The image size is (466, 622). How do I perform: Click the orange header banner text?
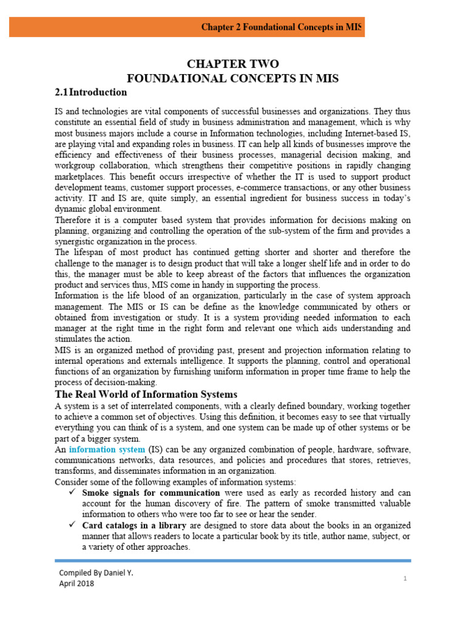pyautogui.click(x=282, y=27)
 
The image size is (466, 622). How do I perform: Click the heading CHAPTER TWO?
pyautogui.click(x=233, y=64)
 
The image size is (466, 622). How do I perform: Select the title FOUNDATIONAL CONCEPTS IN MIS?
pyautogui.click(x=232, y=78)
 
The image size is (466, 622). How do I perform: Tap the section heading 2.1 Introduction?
pyautogui.click(x=91, y=92)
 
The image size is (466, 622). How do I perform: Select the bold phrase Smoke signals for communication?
pyautogui.click(x=151, y=493)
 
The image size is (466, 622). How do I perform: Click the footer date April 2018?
pyautogui.click(x=76, y=583)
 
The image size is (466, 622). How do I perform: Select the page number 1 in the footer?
pyautogui.click(x=405, y=579)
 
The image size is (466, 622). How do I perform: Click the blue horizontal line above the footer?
pyautogui.click(x=232, y=560)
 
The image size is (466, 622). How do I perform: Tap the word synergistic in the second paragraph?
pyautogui.click(x=78, y=241)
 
